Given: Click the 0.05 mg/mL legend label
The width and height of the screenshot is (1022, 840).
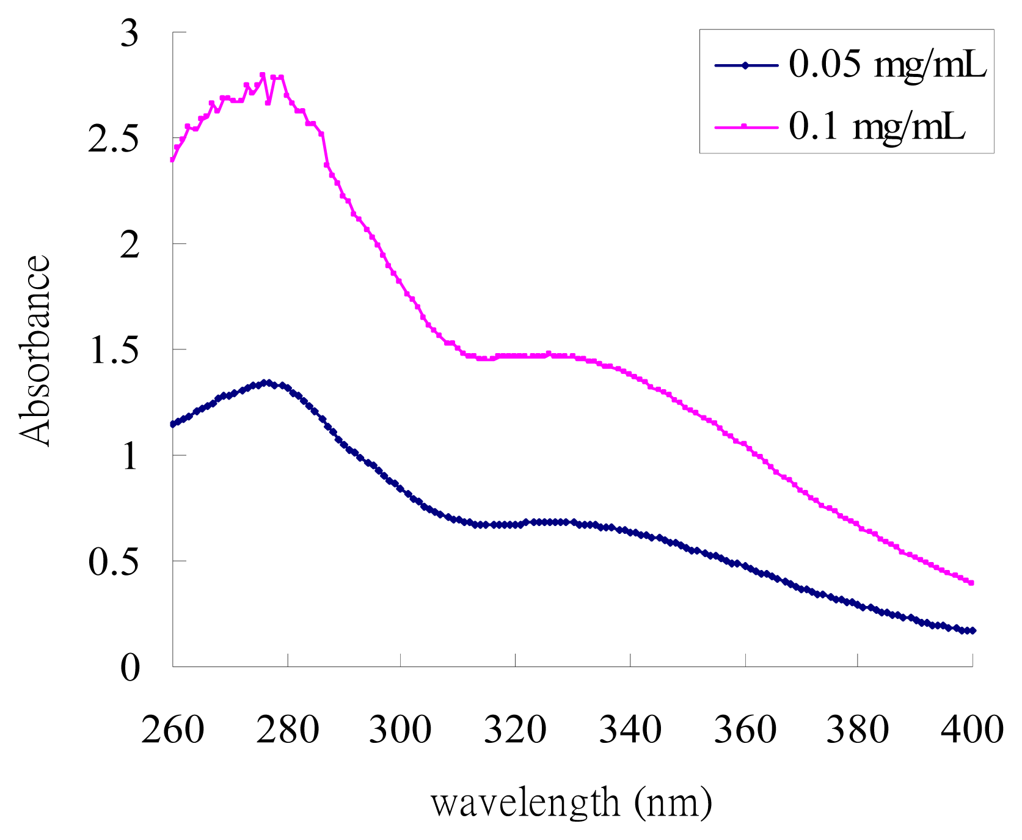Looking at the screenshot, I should click(x=887, y=64).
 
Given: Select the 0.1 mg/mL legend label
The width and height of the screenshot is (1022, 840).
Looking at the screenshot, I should click(x=877, y=127).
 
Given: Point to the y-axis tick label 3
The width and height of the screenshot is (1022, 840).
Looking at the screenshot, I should click(x=130, y=34).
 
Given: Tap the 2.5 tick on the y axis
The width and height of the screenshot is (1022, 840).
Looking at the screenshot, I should click(x=114, y=141).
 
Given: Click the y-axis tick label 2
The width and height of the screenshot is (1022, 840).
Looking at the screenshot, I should click(x=130, y=246).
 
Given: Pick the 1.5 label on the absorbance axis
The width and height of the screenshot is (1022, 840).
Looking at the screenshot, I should click(x=114, y=351).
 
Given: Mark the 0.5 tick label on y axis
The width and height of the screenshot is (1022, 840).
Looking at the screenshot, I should click(x=114, y=563).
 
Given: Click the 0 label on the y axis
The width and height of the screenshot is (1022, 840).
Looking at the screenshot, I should click(x=130, y=668).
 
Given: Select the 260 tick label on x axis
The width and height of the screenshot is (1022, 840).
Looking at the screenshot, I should click(x=172, y=730).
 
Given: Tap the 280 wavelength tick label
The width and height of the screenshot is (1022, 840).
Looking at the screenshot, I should click(x=287, y=730).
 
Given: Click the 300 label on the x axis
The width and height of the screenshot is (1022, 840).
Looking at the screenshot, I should click(x=400, y=730).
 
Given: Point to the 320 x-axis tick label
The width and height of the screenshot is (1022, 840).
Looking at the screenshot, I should click(x=515, y=730).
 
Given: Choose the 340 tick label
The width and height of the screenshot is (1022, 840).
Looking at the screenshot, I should click(x=630, y=730).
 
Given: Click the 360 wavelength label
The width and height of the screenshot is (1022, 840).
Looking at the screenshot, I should click(x=745, y=730).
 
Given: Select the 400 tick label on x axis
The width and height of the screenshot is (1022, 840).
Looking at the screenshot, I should click(x=971, y=730).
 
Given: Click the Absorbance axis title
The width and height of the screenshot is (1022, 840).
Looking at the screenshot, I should click(x=35, y=350).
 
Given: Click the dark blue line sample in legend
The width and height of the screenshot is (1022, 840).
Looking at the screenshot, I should click(x=745, y=65).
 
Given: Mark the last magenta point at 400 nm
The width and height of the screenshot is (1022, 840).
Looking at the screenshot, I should click(x=971, y=583).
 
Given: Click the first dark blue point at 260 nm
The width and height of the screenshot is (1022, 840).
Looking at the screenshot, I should click(x=173, y=424).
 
